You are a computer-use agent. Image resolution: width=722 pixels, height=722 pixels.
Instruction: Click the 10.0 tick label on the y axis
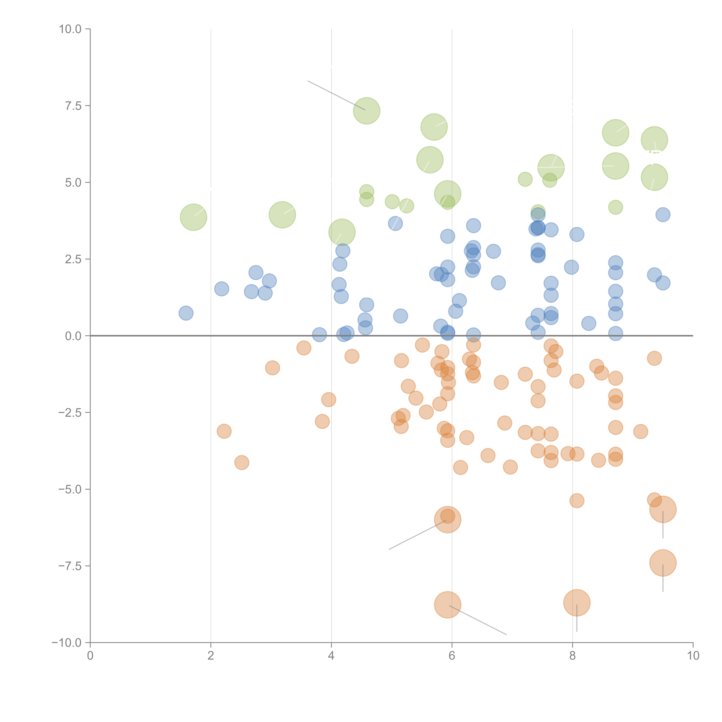coord(70,29)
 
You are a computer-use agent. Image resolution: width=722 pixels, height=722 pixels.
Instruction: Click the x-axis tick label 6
coord(452,655)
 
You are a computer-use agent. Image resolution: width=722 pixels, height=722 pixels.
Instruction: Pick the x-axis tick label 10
coord(693,655)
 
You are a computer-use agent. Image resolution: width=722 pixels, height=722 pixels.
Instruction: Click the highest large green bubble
coord(367,111)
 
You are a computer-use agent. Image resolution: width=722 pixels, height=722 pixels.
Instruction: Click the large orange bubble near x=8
coord(577,603)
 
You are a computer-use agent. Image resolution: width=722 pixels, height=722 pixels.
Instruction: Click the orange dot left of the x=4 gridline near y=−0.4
coord(304,348)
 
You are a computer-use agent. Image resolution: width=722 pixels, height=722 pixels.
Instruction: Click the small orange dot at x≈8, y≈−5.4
coord(577,501)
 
